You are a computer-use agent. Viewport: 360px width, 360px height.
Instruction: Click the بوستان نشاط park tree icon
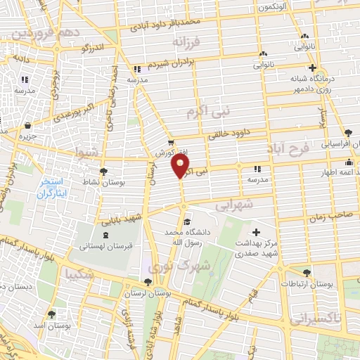click(x=103, y=171)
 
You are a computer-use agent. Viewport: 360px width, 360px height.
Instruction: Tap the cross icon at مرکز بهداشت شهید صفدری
click(x=255, y=232)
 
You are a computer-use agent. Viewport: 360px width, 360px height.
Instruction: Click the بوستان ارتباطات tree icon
click(x=306, y=273)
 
